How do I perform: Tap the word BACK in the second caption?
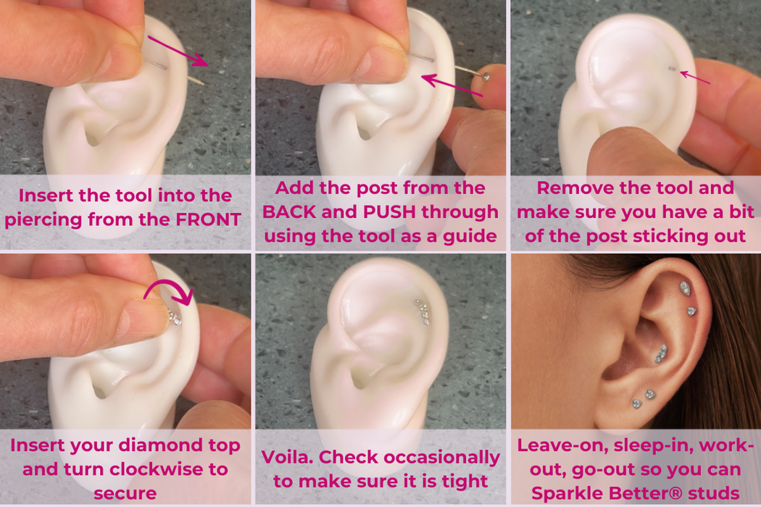click(x=288, y=212)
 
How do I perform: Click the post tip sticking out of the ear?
click(x=671, y=70)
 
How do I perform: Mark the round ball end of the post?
click(x=486, y=76)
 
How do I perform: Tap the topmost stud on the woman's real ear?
click(x=685, y=288)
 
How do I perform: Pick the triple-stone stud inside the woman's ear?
click(x=661, y=353)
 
